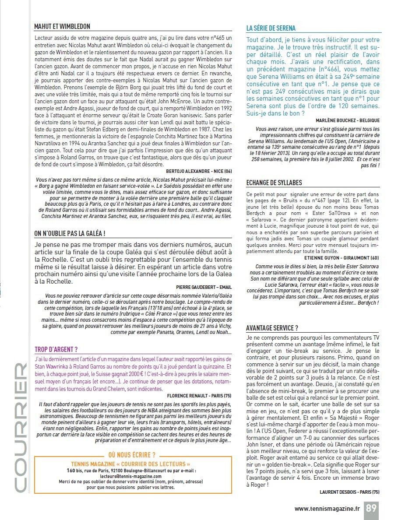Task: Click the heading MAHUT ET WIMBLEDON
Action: tap(62, 27)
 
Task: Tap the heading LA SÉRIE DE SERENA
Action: tap(271, 28)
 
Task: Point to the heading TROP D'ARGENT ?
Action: tap(56, 349)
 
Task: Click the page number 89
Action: tap(371, 508)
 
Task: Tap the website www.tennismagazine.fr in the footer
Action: tap(327, 508)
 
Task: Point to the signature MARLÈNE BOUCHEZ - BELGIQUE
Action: tap(348, 120)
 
